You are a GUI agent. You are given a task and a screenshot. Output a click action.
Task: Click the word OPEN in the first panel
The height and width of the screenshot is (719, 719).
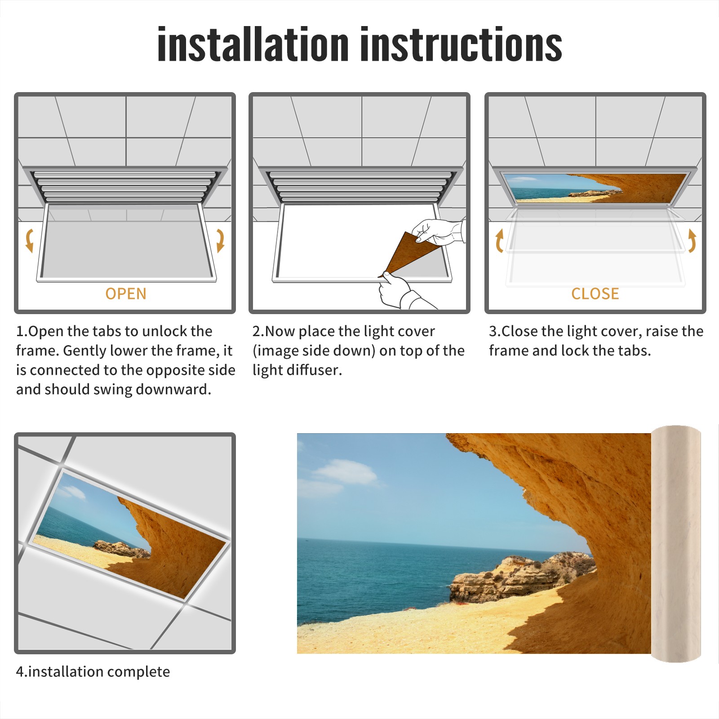click(x=126, y=294)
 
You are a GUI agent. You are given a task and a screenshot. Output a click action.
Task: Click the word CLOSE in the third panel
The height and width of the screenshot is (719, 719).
click(x=595, y=294)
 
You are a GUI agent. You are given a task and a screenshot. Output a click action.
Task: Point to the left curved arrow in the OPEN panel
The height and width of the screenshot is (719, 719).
click(x=29, y=240)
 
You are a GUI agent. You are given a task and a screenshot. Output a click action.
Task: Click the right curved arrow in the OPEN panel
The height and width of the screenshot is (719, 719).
click(x=220, y=240)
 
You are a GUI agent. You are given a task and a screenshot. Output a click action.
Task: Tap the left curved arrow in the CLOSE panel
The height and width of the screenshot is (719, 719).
click(x=499, y=240)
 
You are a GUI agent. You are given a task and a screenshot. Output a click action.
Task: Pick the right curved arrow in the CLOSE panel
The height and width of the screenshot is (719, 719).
click(x=692, y=240)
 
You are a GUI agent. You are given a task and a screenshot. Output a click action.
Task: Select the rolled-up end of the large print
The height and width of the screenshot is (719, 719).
click(x=676, y=544)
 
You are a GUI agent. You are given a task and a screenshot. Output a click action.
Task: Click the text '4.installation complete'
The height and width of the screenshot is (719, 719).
click(x=93, y=672)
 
